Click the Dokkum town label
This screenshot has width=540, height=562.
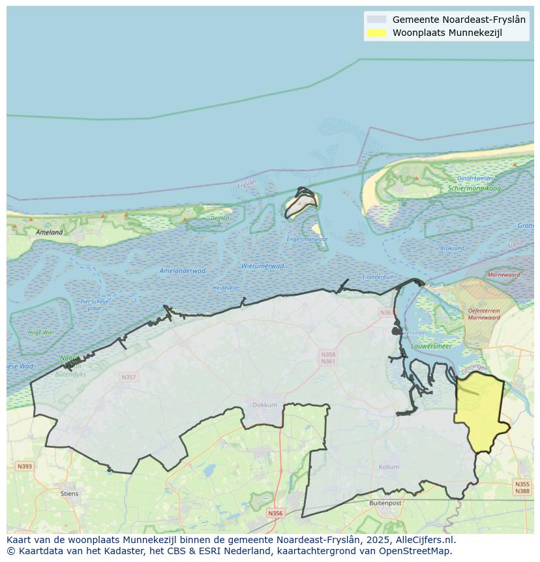click(265, 405)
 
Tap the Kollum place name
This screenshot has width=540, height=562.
click(389, 467)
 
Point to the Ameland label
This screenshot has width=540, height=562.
click(50, 232)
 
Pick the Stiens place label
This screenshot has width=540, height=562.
click(69, 493)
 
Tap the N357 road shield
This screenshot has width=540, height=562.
click(128, 377)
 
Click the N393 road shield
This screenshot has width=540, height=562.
click(24, 466)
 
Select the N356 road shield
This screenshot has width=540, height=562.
click(275, 513)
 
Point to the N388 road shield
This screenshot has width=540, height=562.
click(522, 491)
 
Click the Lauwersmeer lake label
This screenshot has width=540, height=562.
click(434, 346)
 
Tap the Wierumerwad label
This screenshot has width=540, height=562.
click(262, 266)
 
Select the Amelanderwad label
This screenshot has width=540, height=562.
click(183, 270)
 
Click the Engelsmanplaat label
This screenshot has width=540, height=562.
click(307, 240)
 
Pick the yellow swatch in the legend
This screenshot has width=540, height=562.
click(376, 33)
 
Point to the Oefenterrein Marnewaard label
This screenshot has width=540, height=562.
click(484, 314)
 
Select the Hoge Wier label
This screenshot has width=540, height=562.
click(41, 332)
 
